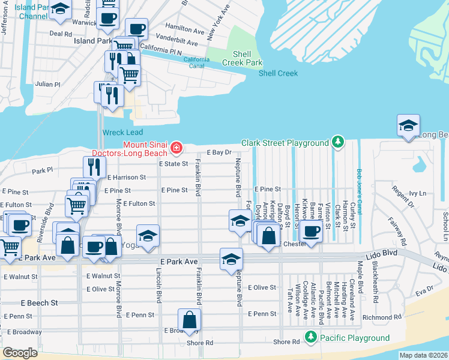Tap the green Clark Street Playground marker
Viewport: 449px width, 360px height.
click(339, 142)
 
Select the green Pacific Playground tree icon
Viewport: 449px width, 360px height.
click(310, 338)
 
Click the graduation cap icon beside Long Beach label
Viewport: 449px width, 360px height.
click(408, 126)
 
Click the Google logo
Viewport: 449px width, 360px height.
click(20, 352)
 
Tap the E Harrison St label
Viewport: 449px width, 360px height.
click(127, 178)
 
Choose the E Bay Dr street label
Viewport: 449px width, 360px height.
click(219, 153)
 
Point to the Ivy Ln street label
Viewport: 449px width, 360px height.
click(417, 194)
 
